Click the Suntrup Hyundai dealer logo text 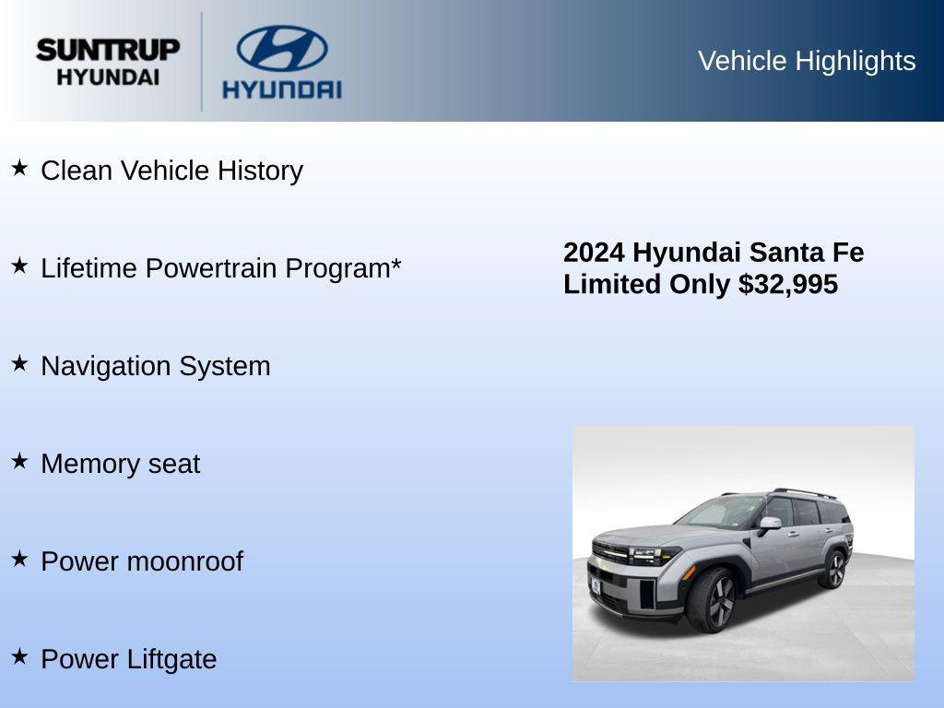coord(108,62)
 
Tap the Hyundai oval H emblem coord(281,49)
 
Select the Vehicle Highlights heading coord(807,61)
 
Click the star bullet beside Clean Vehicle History coord(19,168)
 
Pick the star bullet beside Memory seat coord(19,461)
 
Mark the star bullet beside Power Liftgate coord(19,656)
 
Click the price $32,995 coord(788,284)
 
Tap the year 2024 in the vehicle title coord(595,253)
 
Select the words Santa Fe coord(807,253)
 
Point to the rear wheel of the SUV coord(833,569)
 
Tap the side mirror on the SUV coord(769,524)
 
